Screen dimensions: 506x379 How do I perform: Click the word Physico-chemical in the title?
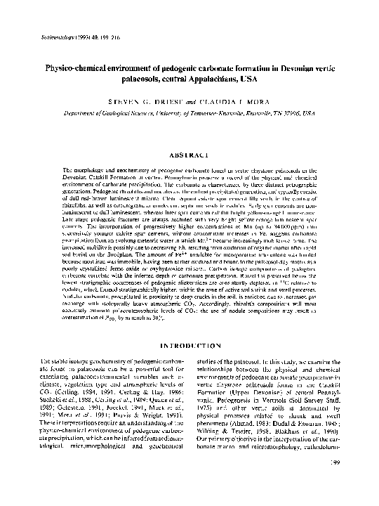pyautogui.click(x=77, y=72)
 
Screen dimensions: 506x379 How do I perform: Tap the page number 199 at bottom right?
pyautogui.click(x=335, y=482)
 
